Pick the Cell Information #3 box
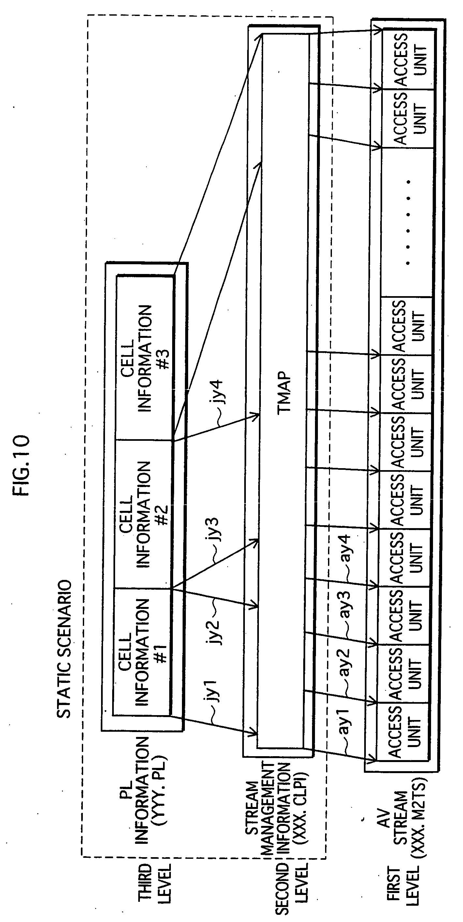coord(145,358)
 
